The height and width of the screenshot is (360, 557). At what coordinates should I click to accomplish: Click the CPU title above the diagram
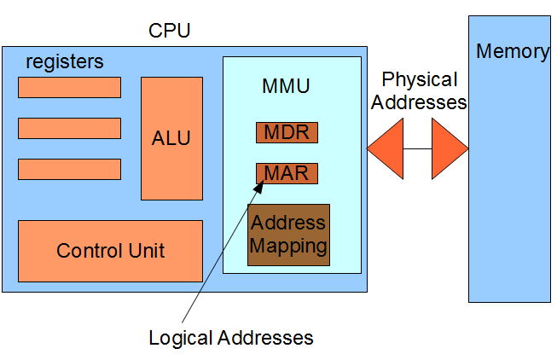click(169, 32)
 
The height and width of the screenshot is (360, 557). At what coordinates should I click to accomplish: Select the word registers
click(65, 61)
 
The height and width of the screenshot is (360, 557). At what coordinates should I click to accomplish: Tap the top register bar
click(69, 87)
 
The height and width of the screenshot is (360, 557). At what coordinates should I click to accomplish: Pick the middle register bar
click(69, 128)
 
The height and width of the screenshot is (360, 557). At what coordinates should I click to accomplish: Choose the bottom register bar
click(69, 169)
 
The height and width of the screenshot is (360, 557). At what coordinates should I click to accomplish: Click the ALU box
click(171, 137)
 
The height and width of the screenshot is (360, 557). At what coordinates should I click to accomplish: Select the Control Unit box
click(110, 251)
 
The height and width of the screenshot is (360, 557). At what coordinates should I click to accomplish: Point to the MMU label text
click(286, 86)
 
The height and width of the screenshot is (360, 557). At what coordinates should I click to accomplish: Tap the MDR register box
click(287, 133)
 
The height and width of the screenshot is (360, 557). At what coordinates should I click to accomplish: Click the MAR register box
click(287, 174)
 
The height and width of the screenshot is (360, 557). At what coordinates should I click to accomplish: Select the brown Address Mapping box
click(288, 235)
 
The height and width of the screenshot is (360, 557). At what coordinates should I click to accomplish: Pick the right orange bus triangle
click(448, 148)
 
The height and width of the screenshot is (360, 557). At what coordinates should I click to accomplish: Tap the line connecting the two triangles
click(418, 148)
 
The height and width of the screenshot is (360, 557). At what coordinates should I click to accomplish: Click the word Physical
click(419, 80)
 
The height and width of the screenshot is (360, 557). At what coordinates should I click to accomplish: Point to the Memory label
click(512, 51)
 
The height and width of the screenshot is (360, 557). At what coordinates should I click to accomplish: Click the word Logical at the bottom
click(180, 337)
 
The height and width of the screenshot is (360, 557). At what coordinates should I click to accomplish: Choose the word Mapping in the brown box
click(288, 247)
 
